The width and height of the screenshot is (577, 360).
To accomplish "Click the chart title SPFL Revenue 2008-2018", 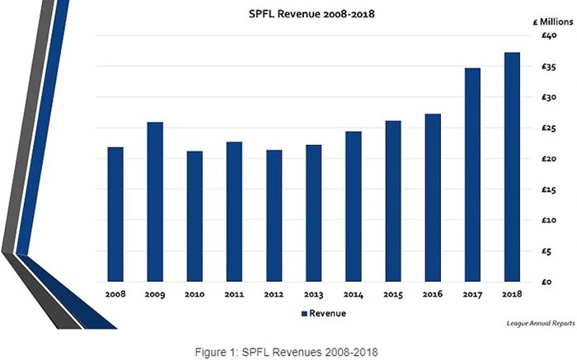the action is coord(312,14).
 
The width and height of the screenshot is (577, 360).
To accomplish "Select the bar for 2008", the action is coord(115,214).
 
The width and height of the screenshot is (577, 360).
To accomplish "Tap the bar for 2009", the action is coord(155,202).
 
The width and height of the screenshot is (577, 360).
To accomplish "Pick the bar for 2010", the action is coord(195,217).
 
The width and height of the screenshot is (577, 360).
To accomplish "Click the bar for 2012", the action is coord(274,216).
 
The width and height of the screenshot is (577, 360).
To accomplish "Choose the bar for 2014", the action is coord(354,207).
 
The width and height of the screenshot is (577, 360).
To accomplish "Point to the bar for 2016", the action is coord(433,198).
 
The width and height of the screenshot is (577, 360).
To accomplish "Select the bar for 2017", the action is coord(472,175).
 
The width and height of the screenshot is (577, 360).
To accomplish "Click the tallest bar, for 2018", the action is coord(512,167).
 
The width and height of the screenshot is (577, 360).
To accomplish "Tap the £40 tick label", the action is coord(549,35).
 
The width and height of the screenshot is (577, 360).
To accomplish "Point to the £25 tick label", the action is coord(549,129).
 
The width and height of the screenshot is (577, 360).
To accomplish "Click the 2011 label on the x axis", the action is coord(234,294).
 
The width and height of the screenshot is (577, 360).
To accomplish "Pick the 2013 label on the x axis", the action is coord(313,294).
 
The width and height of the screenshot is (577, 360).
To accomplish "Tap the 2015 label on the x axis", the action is coord(393,294).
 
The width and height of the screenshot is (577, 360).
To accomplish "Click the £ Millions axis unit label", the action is coord(553,21).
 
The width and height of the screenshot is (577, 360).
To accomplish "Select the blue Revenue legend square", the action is coord(304,314).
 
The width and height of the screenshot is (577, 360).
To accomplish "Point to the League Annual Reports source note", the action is coord(541,323).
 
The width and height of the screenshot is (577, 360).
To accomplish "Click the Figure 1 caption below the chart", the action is coord(286,352).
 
